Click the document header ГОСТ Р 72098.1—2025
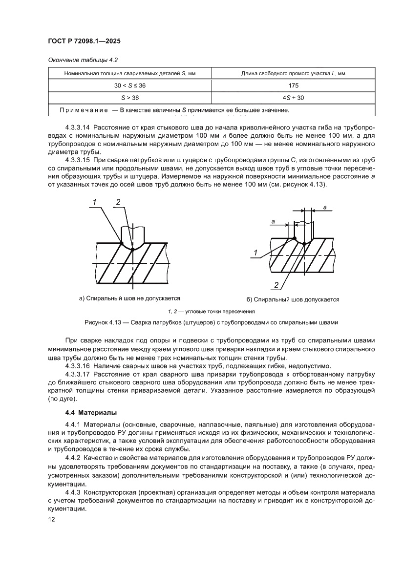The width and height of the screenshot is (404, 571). pyautogui.click(x=84, y=41)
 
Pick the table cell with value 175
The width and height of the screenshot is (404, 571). pyautogui.click(x=293, y=85)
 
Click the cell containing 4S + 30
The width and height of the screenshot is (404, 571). pyautogui.click(x=293, y=98)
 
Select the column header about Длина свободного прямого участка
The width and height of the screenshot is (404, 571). pyautogui.click(x=293, y=73)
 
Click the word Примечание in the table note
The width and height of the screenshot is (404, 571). pyautogui.click(x=80, y=110)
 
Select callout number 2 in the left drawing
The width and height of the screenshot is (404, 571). pyautogui.click(x=118, y=201)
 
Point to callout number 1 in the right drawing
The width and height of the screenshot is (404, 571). pyautogui.click(x=255, y=253)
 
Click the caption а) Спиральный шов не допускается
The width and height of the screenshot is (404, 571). pyautogui.click(x=130, y=297)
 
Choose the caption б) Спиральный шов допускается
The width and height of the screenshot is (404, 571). pyautogui.click(x=293, y=299)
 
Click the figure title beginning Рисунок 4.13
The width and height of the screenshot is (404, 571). pyautogui.click(x=202, y=322)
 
